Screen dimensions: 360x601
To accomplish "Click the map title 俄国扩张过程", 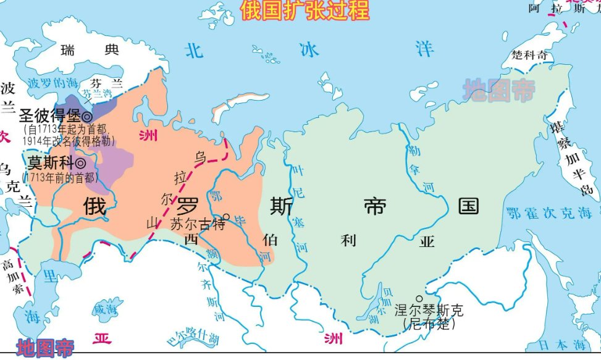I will (x=305, y=10).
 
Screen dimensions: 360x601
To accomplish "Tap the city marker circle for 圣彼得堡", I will (x=87, y=116).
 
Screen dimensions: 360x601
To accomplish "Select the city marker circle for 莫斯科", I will (x=80, y=163).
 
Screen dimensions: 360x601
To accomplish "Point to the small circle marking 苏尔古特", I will (x=226, y=217).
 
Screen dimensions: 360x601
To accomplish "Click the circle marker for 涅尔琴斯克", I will (x=419, y=299).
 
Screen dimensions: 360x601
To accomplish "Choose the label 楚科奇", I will (x=529, y=56).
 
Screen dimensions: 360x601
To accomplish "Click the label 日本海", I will (x=563, y=344).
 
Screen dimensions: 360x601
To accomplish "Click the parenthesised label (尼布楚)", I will (x=428, y=324).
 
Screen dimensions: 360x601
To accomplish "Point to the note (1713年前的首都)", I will (x=60, y=177).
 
